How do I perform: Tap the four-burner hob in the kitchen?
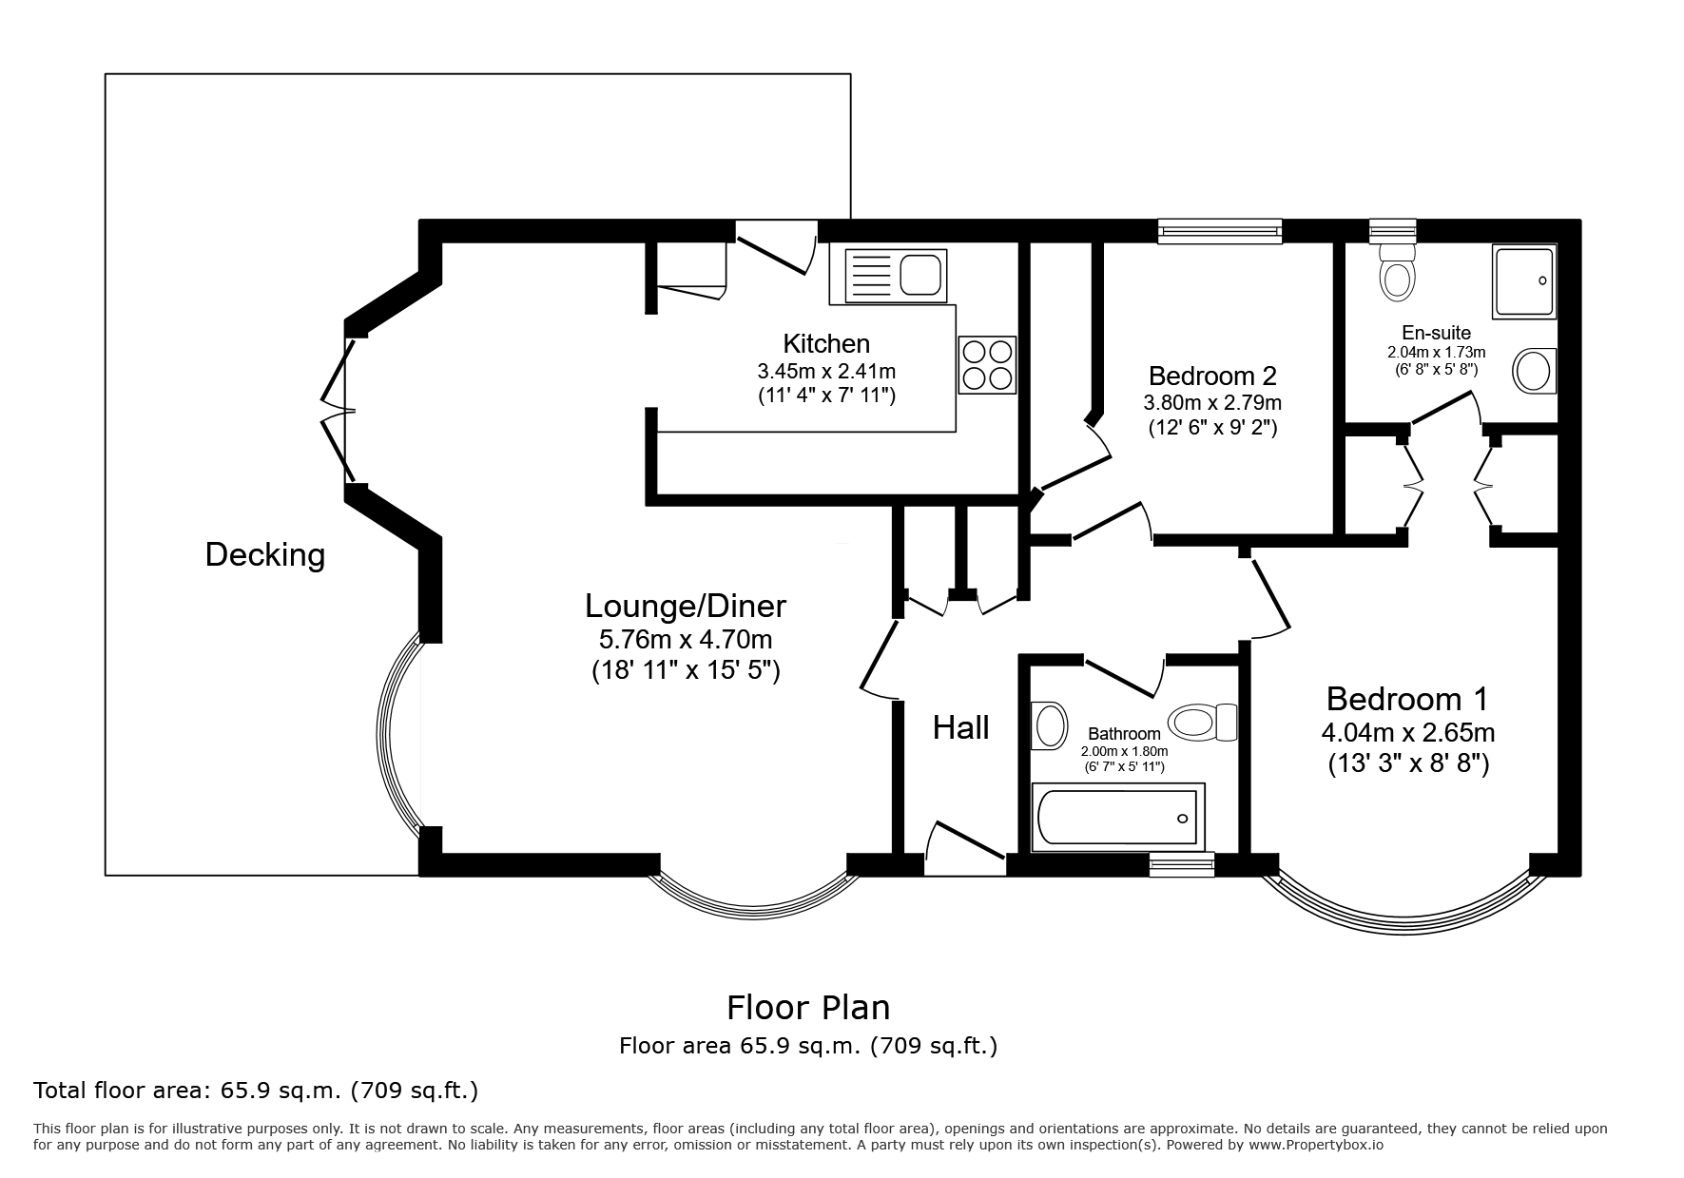coord(987,365)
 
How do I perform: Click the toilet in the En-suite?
coord(1397,271)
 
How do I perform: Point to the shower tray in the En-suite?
coord(1524,280)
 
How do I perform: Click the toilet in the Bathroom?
coord(1202,723)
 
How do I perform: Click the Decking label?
coord(265,554)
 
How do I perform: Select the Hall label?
coord(960,727)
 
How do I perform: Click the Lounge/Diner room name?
coord(686,606)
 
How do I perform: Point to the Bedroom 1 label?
coord(1406,699)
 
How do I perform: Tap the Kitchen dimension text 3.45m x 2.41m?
coord(826,371)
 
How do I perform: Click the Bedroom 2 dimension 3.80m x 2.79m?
coord(1212,402)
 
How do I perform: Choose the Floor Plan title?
coord(808,1007)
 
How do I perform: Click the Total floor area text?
coord(256,1091)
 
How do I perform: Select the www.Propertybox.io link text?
coord(1315,1145)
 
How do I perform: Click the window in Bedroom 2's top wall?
coord(1220,230)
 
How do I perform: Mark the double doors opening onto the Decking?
coord(338,411)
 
